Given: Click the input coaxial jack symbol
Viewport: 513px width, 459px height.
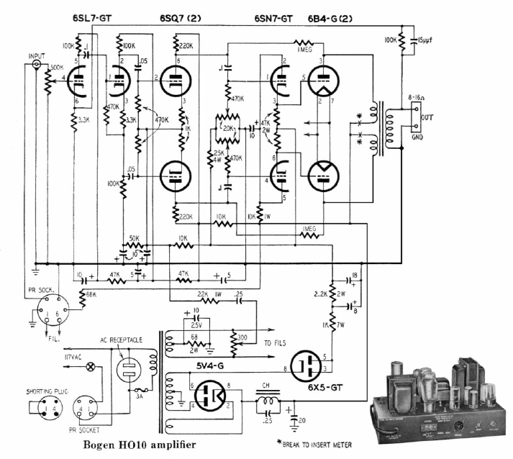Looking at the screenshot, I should [35, 66].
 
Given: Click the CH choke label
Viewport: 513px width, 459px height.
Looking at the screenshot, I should [267, 383].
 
